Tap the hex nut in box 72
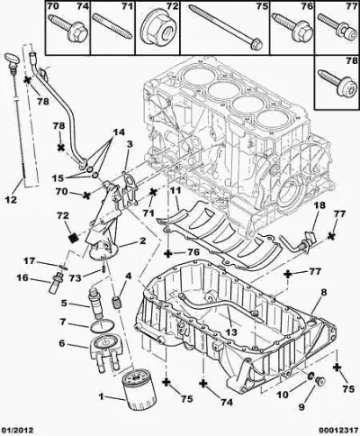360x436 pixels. pos(157,29)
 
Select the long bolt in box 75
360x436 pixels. pos(227,28)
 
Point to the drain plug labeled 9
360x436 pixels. pos(320,381)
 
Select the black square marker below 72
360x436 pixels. pos(74,238)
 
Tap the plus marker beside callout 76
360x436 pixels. pos(168,254)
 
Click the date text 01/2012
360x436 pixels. pos(16,430)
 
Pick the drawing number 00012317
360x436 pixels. pos(339,430)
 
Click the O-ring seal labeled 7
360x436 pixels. pos(102,326)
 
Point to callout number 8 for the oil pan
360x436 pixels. pos(324,293)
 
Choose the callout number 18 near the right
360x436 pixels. pos(319,205)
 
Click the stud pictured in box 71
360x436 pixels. pos(112,26)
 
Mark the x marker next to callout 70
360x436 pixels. pos(86,195)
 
